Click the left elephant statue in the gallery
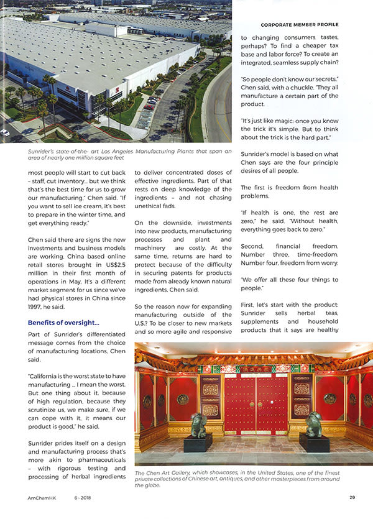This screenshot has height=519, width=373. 198,425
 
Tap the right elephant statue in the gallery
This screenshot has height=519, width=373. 313,425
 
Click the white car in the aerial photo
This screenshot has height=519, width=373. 5,132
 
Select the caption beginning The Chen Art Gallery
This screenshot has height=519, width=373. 242,479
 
